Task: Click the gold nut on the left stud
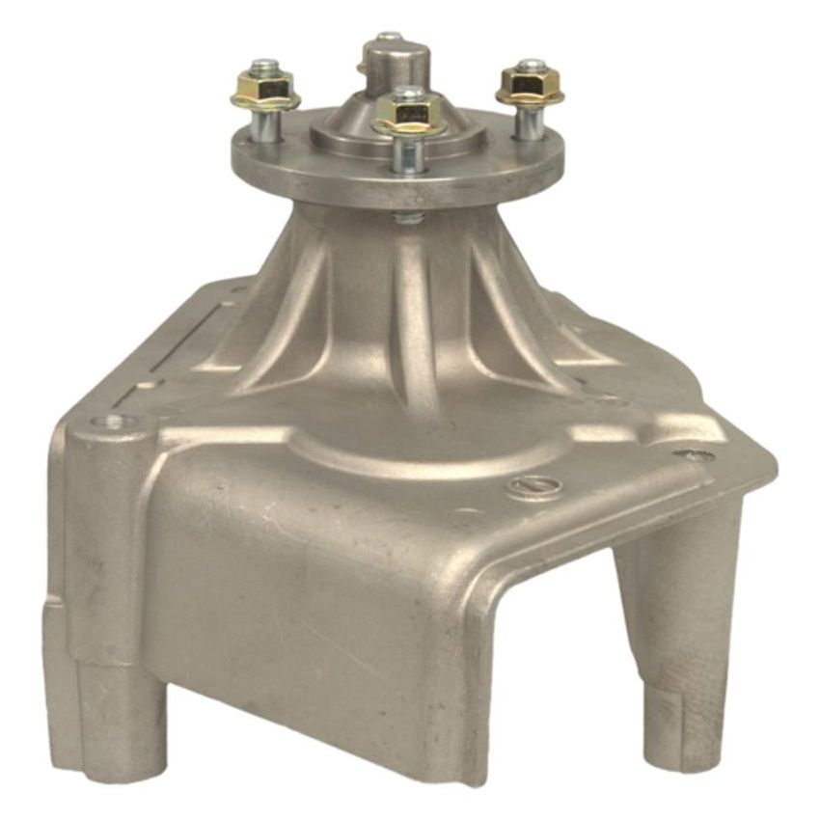pyautogui.click(x=266, y=92)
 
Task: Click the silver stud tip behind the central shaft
pyautogui.click(x=388, y=38)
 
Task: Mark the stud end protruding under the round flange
pyautogui.click(x=408, y=217)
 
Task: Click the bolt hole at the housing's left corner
pyautogui.click(x=114, y=422)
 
